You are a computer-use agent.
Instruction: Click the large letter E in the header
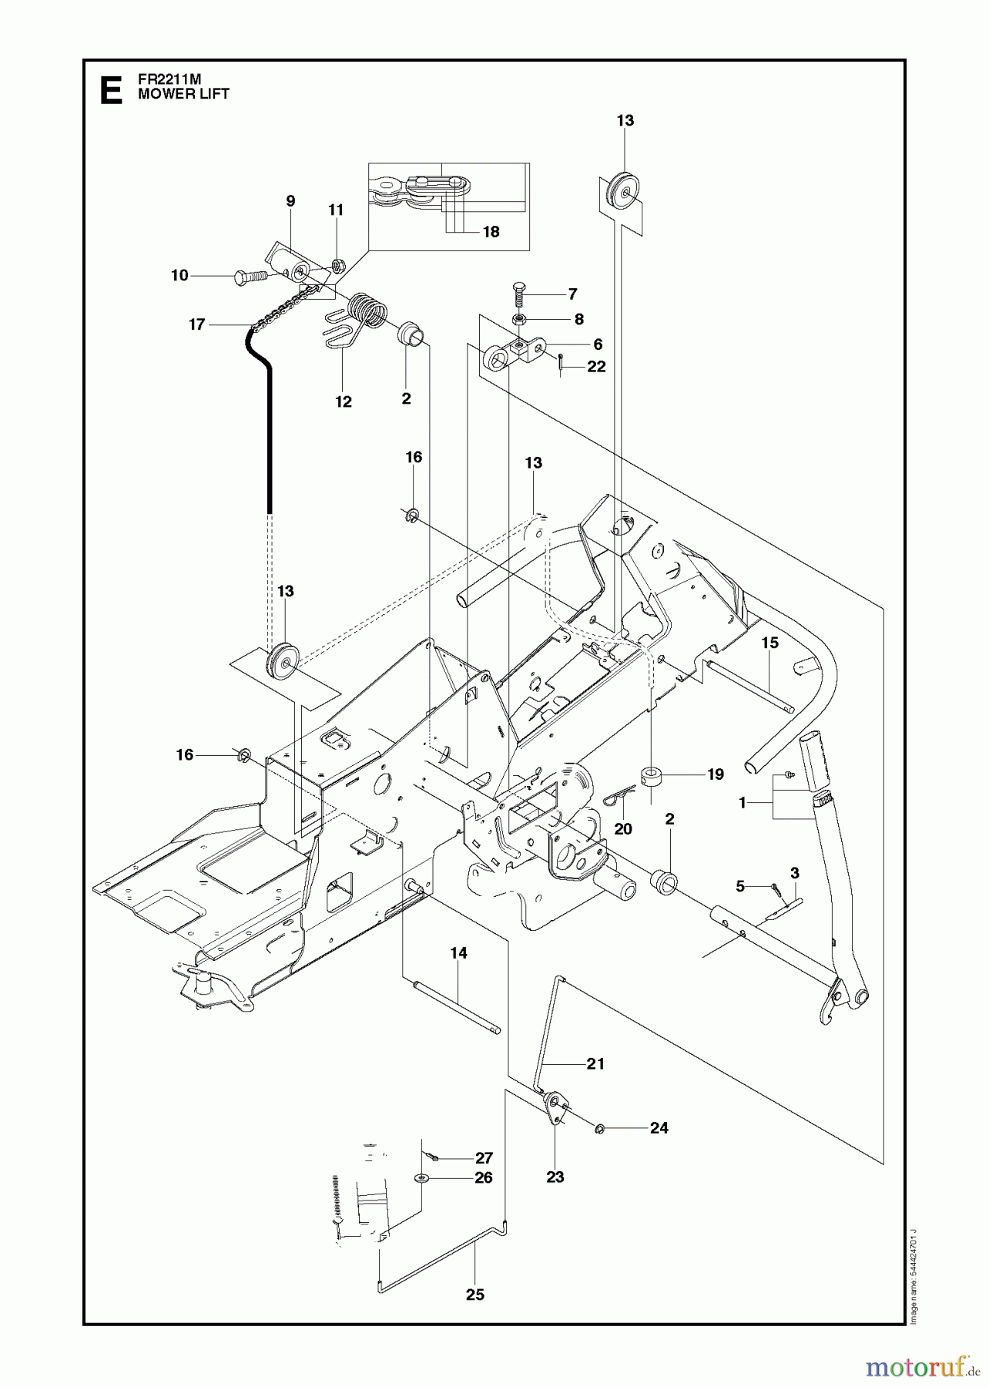point(111,89)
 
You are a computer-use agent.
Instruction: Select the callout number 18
point(491,231)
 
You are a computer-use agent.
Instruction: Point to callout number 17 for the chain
point(197,324)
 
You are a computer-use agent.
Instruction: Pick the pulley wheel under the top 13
point(621,190)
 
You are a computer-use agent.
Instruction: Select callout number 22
point(596,367)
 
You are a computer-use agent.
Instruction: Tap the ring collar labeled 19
point(652,774)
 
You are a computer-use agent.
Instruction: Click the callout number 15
point(769,643)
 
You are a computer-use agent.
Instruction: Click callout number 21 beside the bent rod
point(595,1063)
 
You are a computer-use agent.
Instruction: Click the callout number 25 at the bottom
point(475,1295)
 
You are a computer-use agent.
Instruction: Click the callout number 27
point(483,1158)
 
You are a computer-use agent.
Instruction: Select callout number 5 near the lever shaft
point(740,886)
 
